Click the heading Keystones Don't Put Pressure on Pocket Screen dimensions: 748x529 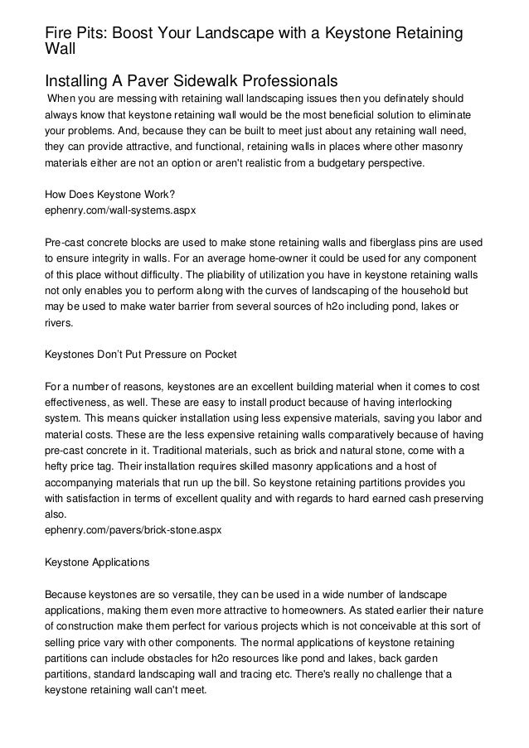(141, 353)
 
